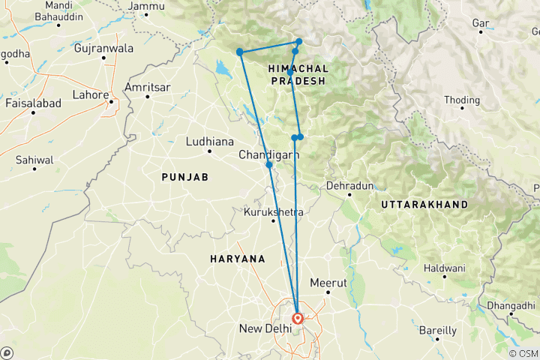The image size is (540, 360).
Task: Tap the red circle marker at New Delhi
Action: coord(298,317)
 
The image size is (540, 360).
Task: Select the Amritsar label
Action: coord(148,88)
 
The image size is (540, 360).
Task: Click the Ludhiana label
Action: coord(209,142)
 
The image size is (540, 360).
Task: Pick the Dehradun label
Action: coord(349,185)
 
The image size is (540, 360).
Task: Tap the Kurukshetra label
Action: coord(274,213)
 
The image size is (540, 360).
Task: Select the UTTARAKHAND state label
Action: coord(424,204)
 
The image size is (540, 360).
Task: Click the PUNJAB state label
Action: coord(184,176)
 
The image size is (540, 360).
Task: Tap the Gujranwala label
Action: coord(104,49)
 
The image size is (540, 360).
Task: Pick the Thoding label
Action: coord(462,100)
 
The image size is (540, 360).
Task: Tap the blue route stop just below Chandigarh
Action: coord(268,164)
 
